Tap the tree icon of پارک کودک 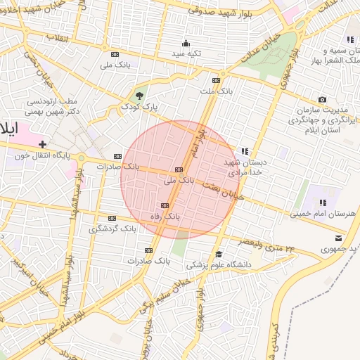(x=140, y=96)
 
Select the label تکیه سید (x=188, y=53)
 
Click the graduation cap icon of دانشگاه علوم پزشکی (x=219, y=254)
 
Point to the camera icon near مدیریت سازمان (x=322, y=100)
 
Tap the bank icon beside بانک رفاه (x=165, y=205)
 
